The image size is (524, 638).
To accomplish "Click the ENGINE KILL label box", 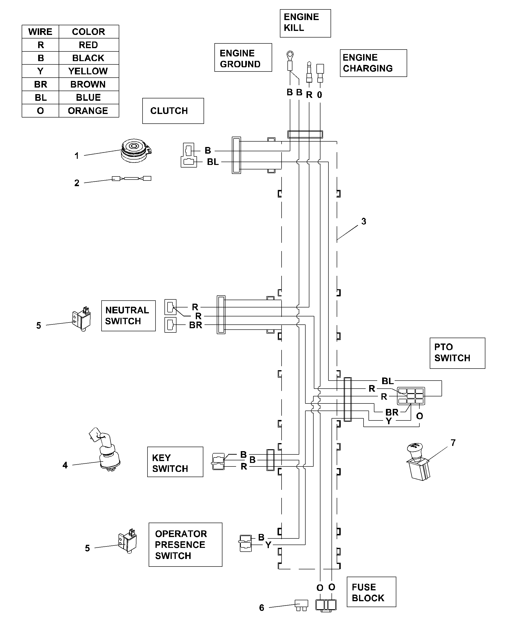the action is click(305, 23).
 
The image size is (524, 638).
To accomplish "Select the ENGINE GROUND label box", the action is click(243, 57).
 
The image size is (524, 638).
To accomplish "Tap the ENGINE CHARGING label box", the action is click(373, 63).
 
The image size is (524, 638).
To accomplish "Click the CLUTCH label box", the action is click(173, 111).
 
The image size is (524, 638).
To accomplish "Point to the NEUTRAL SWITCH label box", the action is click(128, 316).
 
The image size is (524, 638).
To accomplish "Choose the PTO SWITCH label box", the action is click(457, 353).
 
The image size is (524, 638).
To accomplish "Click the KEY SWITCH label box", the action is click(175, 462).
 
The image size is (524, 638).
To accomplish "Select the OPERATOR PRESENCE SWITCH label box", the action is click(185, 545).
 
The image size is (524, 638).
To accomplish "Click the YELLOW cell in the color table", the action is click(88, 71).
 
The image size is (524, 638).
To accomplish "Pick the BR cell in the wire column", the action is click(41, 84).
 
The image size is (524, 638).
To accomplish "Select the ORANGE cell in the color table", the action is click(88, 111).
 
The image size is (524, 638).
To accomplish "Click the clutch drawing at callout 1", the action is click(135, 151).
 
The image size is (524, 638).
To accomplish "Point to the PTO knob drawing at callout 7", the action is click(418, 462).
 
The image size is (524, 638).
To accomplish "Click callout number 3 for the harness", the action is click(364, 222).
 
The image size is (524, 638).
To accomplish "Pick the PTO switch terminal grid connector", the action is click(411, 396).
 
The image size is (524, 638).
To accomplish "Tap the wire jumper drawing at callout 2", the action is click(131, 179).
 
